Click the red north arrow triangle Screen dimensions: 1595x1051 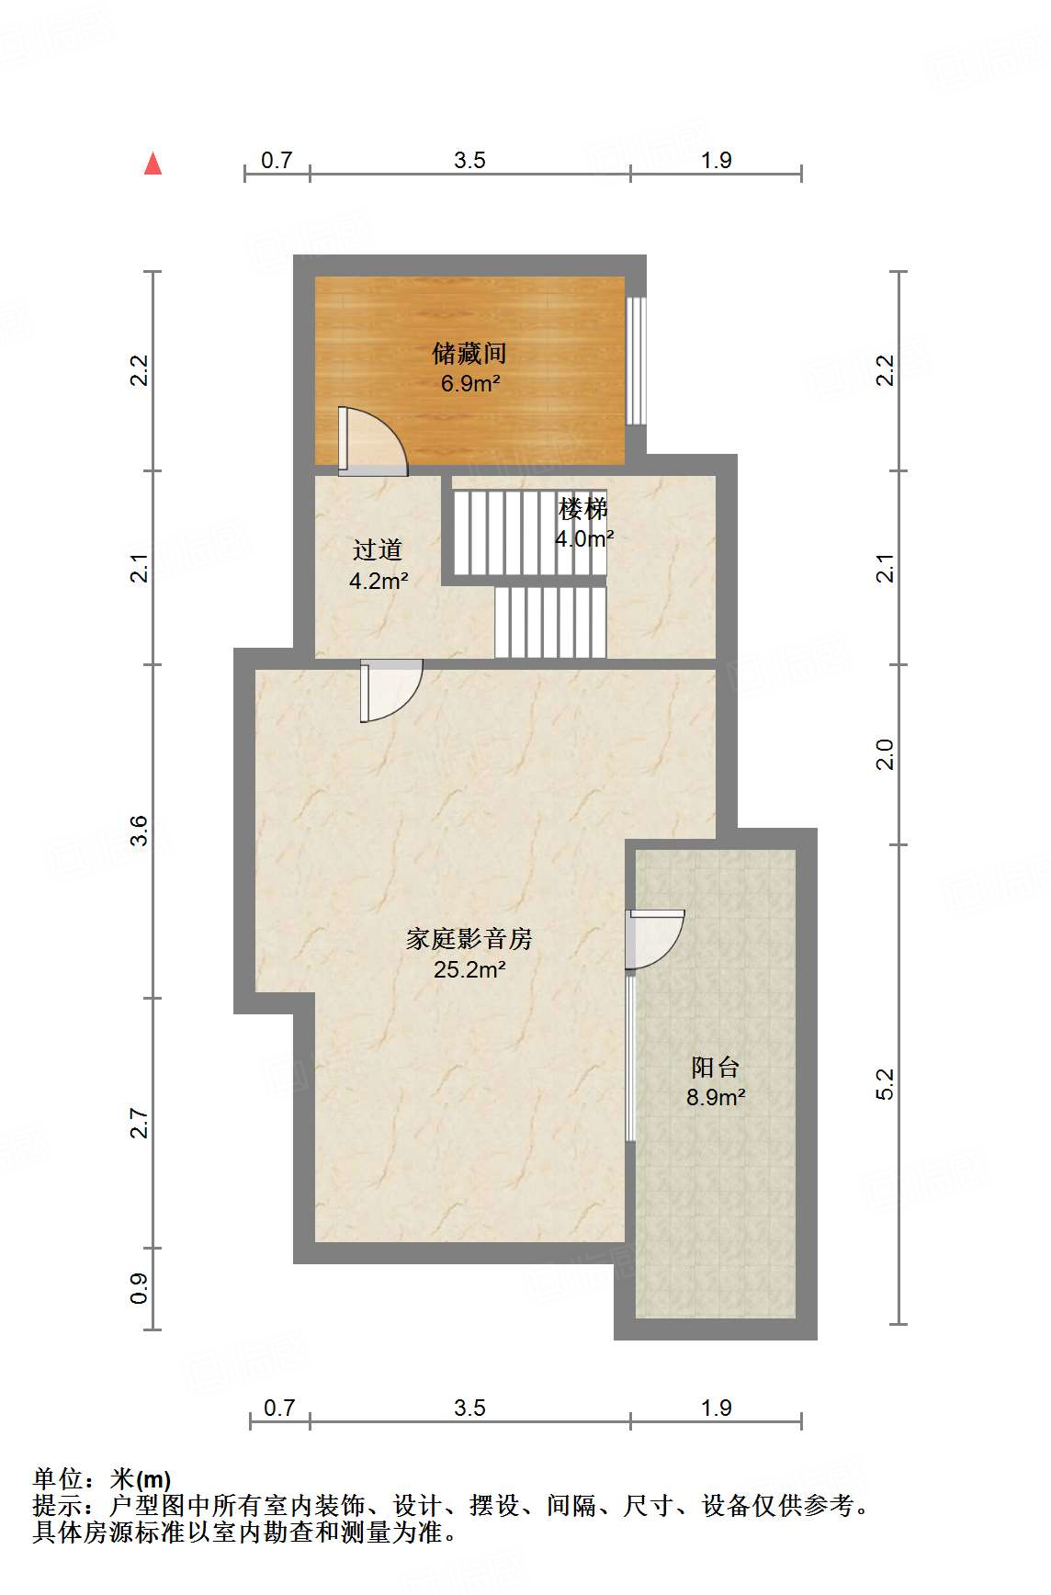coord(153,164)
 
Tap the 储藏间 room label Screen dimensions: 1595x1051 coord(469,353)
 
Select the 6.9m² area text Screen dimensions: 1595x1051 coord(469,383)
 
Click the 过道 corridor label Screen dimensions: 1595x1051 coord(378,549)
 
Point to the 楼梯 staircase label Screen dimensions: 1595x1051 coord(583,507)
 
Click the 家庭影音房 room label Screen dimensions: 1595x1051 coord(469,938)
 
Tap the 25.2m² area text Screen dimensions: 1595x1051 coord(469,969)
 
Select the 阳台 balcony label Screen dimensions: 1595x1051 coord(715,1067)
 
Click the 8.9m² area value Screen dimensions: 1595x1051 coord(715,1097)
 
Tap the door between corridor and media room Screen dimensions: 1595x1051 coord(390,689)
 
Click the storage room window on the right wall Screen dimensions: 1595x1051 coord(636,359)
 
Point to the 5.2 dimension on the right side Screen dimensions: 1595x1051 coord(885,1084)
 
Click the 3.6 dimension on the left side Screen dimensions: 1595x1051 coord(138,831)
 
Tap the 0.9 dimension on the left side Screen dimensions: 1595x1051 coord(138,1288)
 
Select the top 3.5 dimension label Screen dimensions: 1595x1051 coord(469,161)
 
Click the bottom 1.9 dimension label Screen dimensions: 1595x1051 coord(716,1408)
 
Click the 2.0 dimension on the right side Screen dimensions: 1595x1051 coord(885,754)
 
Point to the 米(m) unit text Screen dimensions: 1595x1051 coord(141,1479)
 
